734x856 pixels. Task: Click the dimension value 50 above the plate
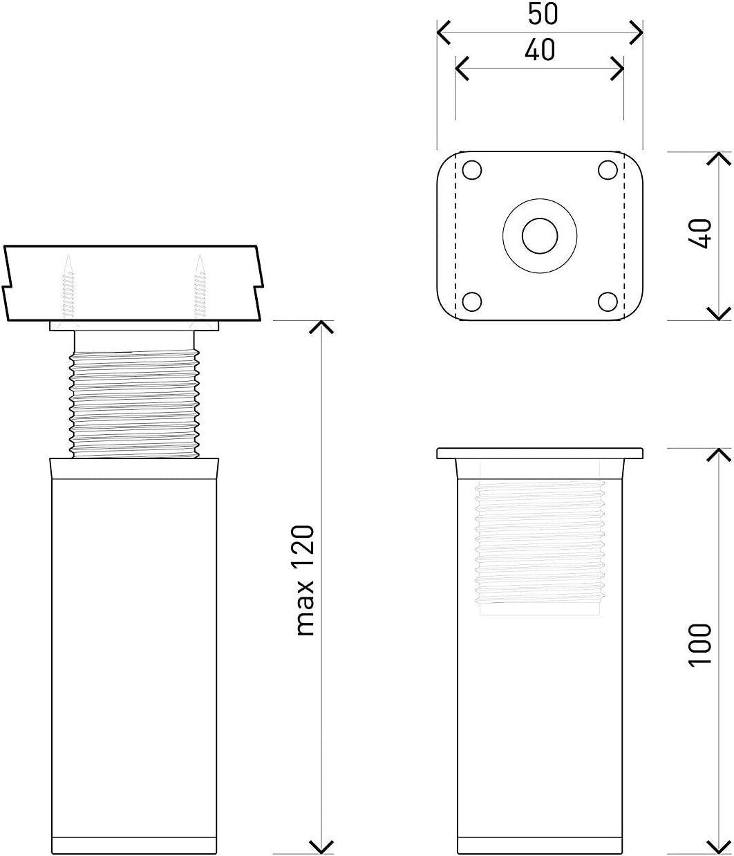point(543,14)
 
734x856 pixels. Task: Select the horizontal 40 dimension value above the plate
point(540,50)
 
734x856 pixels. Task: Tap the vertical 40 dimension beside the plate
point(699,234)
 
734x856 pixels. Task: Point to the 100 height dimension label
point(699,645)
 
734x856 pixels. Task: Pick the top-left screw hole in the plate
point(471,170)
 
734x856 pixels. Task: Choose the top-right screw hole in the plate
point(608,170)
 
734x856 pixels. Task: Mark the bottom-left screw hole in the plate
point(471,301)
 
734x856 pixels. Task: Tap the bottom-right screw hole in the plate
point(608,301)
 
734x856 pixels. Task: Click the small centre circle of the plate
point(540,236)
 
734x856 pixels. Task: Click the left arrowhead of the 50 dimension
point(444,32)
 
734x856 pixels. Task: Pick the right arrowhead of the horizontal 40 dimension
point(617,68)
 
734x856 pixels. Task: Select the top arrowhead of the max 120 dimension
point(321,327)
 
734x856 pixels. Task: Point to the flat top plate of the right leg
point(540,453)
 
